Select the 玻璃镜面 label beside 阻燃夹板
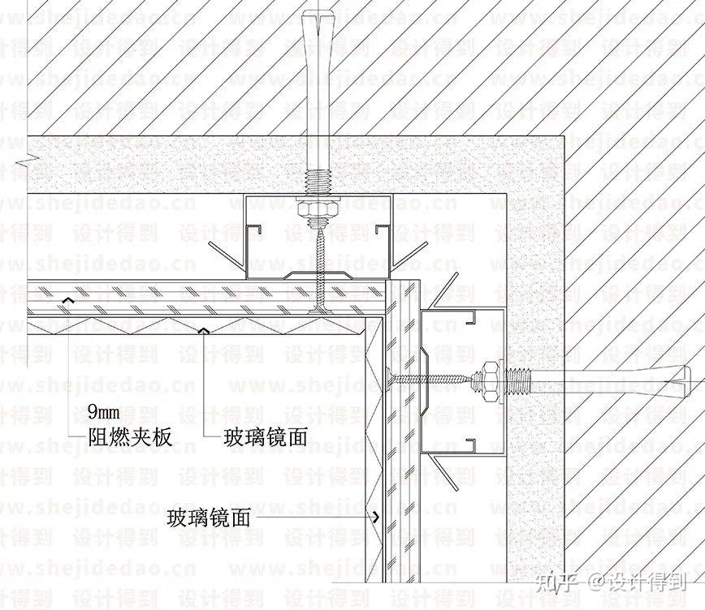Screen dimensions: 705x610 [x=266, y=438]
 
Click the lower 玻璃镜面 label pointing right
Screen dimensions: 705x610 [x=209, y=517]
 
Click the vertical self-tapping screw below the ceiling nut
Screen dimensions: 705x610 [x=320, y=268]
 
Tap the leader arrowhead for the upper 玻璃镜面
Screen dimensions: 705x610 [x=204, y=330]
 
